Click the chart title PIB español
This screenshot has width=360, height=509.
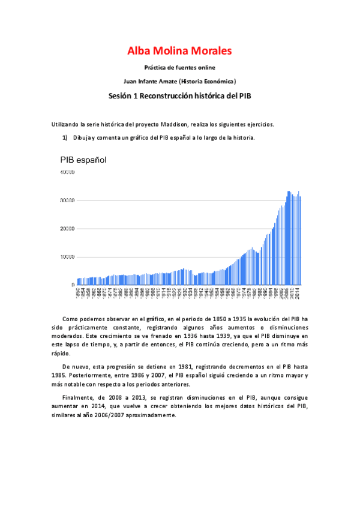[x=83, y=160]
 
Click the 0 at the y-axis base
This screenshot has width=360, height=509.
[x=73, y=285]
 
